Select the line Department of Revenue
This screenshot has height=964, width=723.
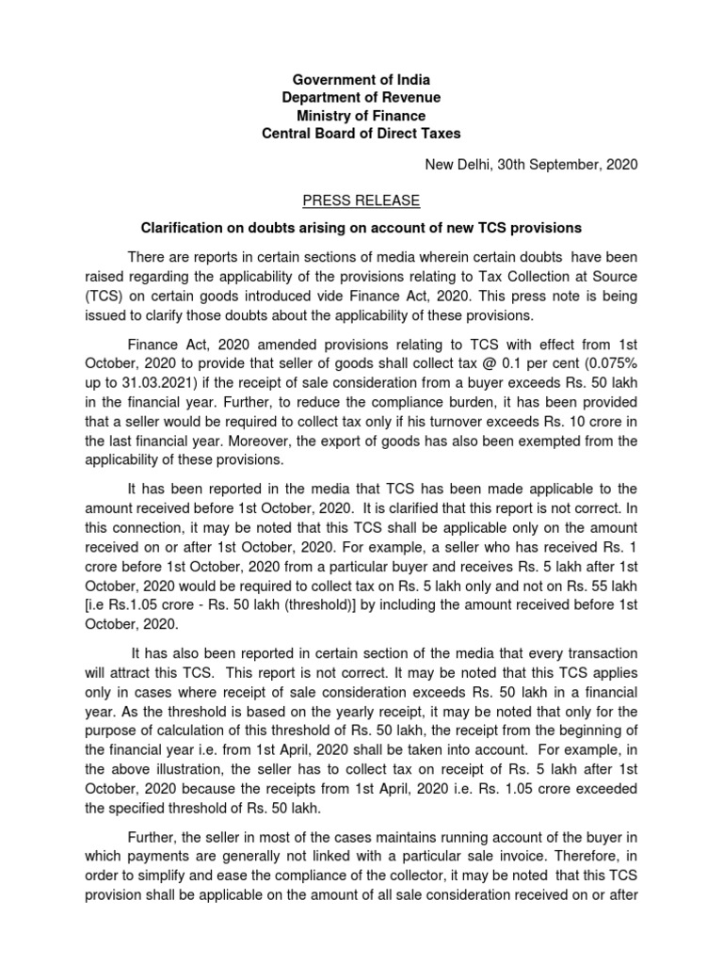tap(361, 97)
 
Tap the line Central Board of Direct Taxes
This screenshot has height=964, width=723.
tap(361, 134)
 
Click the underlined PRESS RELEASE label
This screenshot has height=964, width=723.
tap(361, 201)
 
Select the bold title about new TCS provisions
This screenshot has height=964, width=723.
tap(361, 228)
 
